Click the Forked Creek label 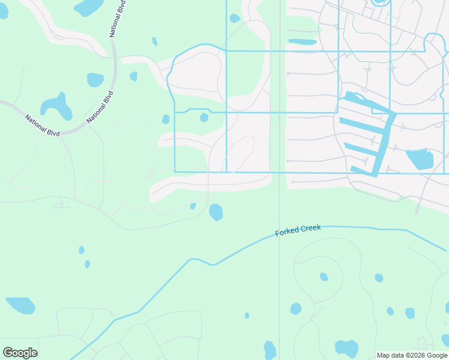click(x=298, y=230)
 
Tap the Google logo click(x=20, y=353)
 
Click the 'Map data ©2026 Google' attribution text click(x=411, y=355)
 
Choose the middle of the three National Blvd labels click(x=100, y=107)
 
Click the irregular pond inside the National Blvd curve click(x=56, y=106)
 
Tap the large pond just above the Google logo click(x=20, y=305)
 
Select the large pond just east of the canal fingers click(x=420, y=159)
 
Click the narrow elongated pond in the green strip click(x=302, y=42)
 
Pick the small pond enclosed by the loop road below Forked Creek click(x=324, y=277)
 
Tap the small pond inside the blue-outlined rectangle click(x=204, y=118)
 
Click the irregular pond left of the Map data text click(x=346, y=348)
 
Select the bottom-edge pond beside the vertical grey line click(x=270, y=350)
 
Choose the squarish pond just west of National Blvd click(x=95, y=79)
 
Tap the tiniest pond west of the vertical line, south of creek click(x=247, y=316)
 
